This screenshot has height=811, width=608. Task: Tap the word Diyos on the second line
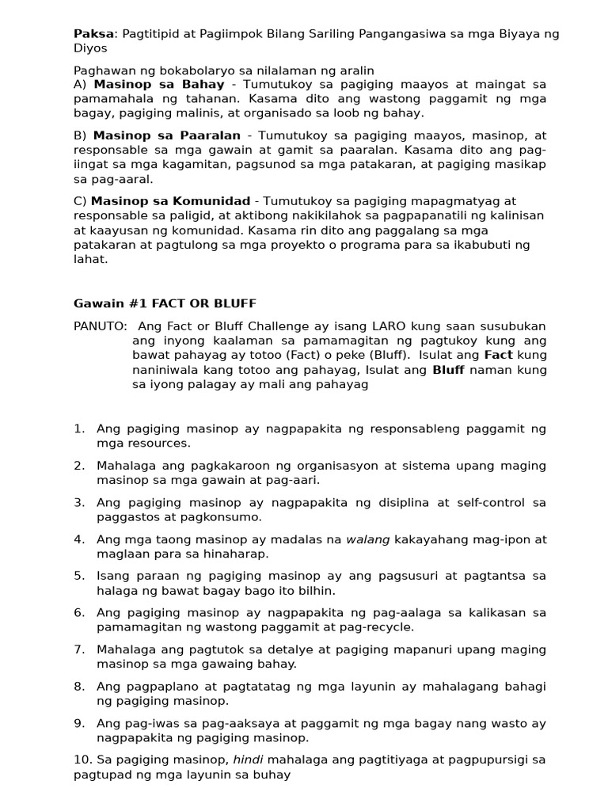pos(90,48)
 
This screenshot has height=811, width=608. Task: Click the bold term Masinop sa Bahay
pos(159,84)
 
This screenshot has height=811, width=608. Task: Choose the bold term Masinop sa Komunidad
pos(170,201)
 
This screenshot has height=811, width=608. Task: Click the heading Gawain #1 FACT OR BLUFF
pos(165,303)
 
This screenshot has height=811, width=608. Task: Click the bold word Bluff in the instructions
pos(448,370)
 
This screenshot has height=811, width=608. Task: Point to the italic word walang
pos(368,539)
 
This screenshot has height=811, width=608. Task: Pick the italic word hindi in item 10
pos(248,760)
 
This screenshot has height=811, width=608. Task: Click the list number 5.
pos(79,576)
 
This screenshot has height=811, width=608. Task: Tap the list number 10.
pos(82,760)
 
